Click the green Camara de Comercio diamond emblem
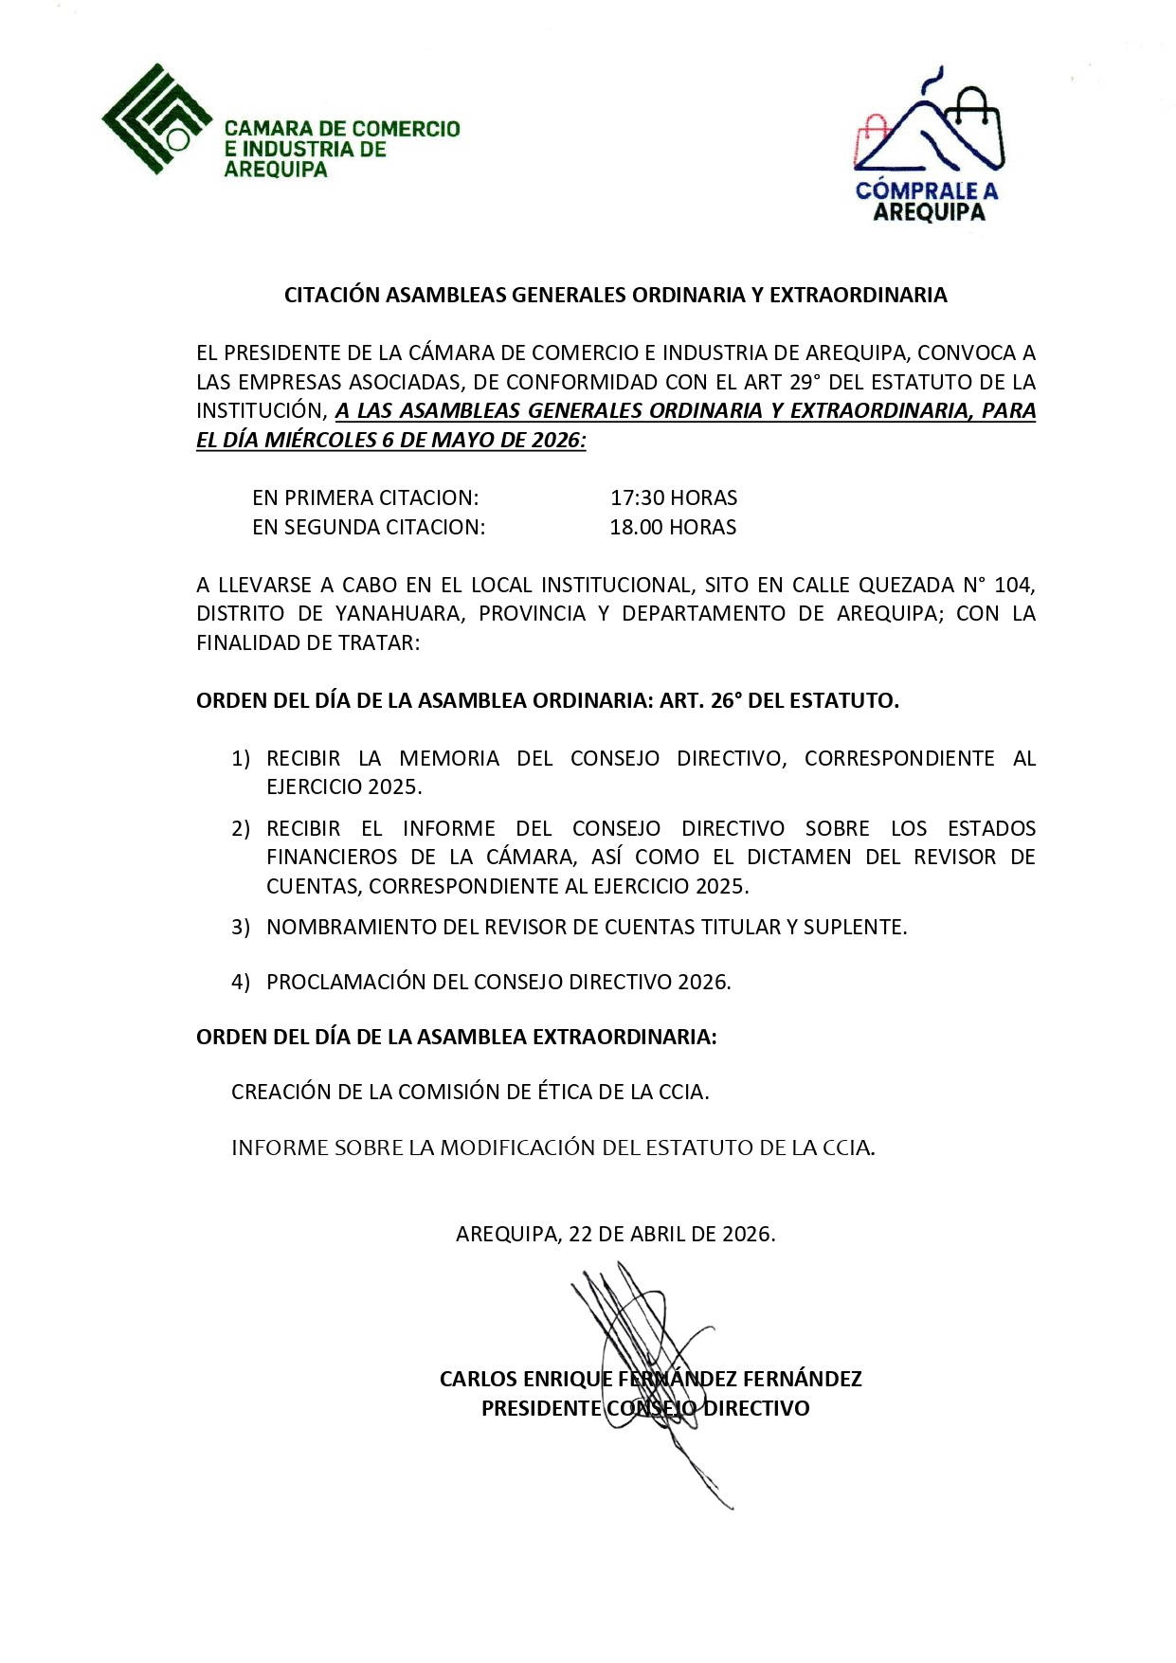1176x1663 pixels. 156,119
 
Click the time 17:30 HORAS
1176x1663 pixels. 673,497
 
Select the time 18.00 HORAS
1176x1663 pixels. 673,527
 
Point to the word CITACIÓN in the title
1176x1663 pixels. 332,295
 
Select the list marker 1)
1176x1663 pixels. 241,758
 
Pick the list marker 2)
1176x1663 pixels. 241,828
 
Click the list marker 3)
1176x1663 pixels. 241,927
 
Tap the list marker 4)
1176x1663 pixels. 241,982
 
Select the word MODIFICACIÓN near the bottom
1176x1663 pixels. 517,1148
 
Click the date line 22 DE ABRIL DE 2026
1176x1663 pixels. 672,1234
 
